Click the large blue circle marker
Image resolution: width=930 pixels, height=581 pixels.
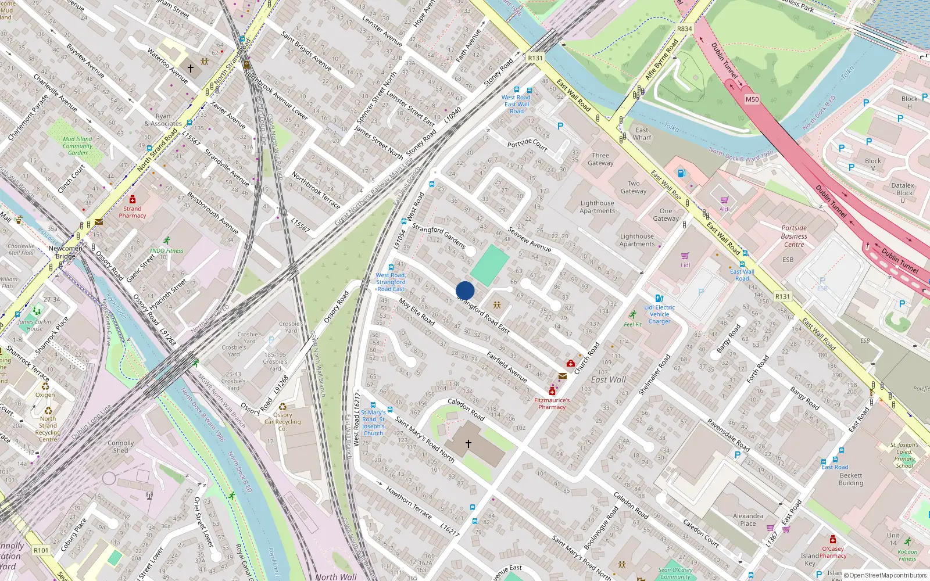click(x=465, y=290)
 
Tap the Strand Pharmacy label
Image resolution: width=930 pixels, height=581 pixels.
click(x=133, y=212)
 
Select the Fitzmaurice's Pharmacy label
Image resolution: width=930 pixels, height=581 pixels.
click(x=552, y=403)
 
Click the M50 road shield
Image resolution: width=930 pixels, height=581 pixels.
click(x=752, y=99)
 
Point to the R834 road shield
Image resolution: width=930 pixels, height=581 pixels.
click(x=685, y=29)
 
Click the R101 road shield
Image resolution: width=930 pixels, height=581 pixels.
click(x=41, y=550)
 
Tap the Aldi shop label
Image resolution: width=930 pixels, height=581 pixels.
click(x=724, y=209)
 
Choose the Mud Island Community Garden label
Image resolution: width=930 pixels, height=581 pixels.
click(x=77, y=146)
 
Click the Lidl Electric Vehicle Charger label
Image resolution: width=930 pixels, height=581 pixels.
click(x=659, y=314)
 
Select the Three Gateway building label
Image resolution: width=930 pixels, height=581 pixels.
click(x=600, y=159)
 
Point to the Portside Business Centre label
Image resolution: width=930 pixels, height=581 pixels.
click(x=794, y=236)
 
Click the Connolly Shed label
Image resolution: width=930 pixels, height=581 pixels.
click(x=120, y=446)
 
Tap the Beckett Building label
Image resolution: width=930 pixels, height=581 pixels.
click(x=851, y=479)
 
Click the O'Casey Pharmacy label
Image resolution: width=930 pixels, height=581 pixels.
click(x=833, y=552)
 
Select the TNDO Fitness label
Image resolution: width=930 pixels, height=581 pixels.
click(x=166, y=251)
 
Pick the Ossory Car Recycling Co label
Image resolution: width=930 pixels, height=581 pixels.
click(x=282, y=422)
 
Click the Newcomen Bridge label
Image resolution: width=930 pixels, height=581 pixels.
click(x=65, y=252)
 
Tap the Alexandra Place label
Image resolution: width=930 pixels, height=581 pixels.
click(x=748, y=519)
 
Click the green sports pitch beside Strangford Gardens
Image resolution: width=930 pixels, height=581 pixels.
click(x=489, y=264)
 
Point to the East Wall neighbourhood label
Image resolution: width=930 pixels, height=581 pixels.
click(x=609, y=379)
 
